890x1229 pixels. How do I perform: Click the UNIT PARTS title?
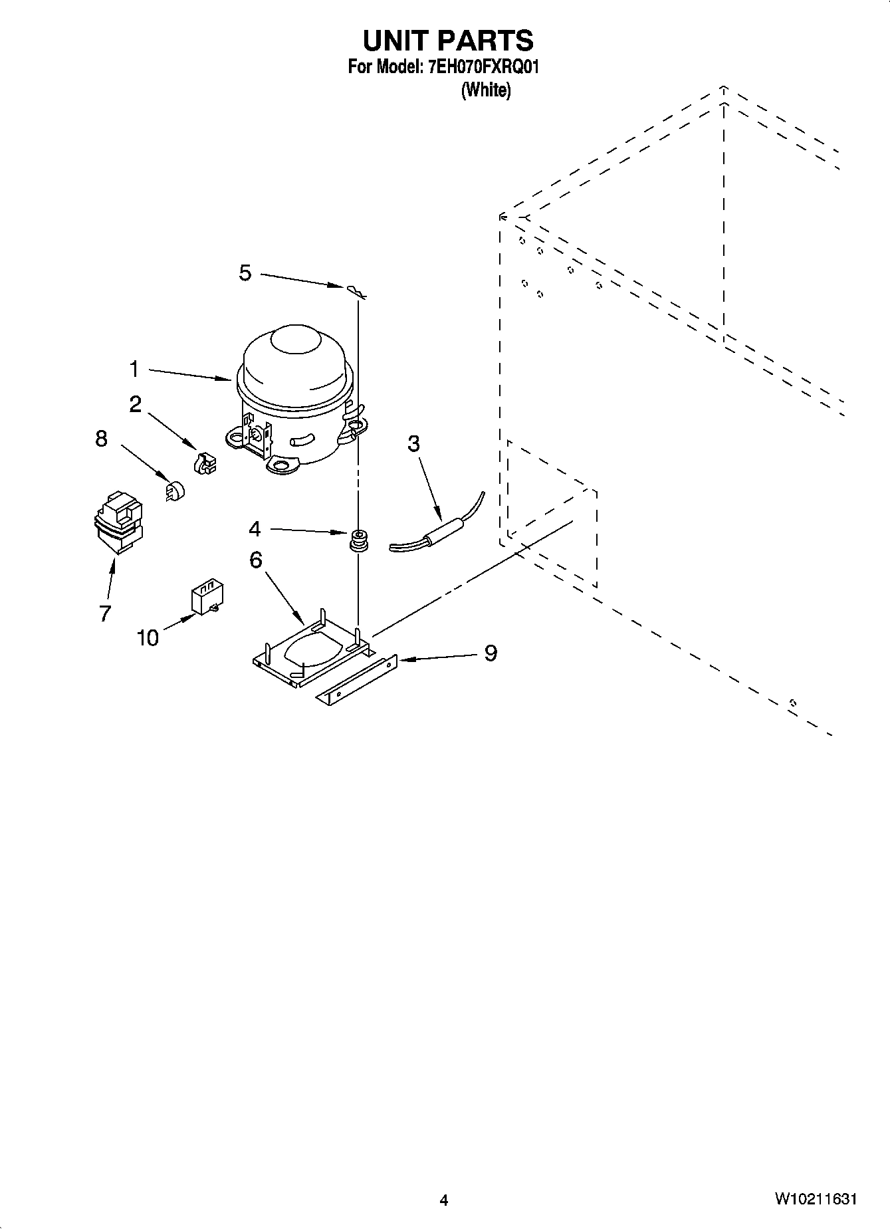[447, 41]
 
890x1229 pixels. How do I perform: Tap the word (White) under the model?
[486, 90]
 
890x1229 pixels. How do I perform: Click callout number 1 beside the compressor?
[134, 368]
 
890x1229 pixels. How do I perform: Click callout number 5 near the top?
[245, 272]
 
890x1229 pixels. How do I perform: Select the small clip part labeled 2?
[205, 463]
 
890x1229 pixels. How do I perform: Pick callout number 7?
[105, 613]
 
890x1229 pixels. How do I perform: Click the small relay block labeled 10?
[207, 596]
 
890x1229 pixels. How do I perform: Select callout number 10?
[148, 638]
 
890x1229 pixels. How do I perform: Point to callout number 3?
[413, 443]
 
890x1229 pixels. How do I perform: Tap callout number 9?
[490, 653]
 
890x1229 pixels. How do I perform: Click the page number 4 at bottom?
[444, 1199]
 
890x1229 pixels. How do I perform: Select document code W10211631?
[815, 1199]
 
